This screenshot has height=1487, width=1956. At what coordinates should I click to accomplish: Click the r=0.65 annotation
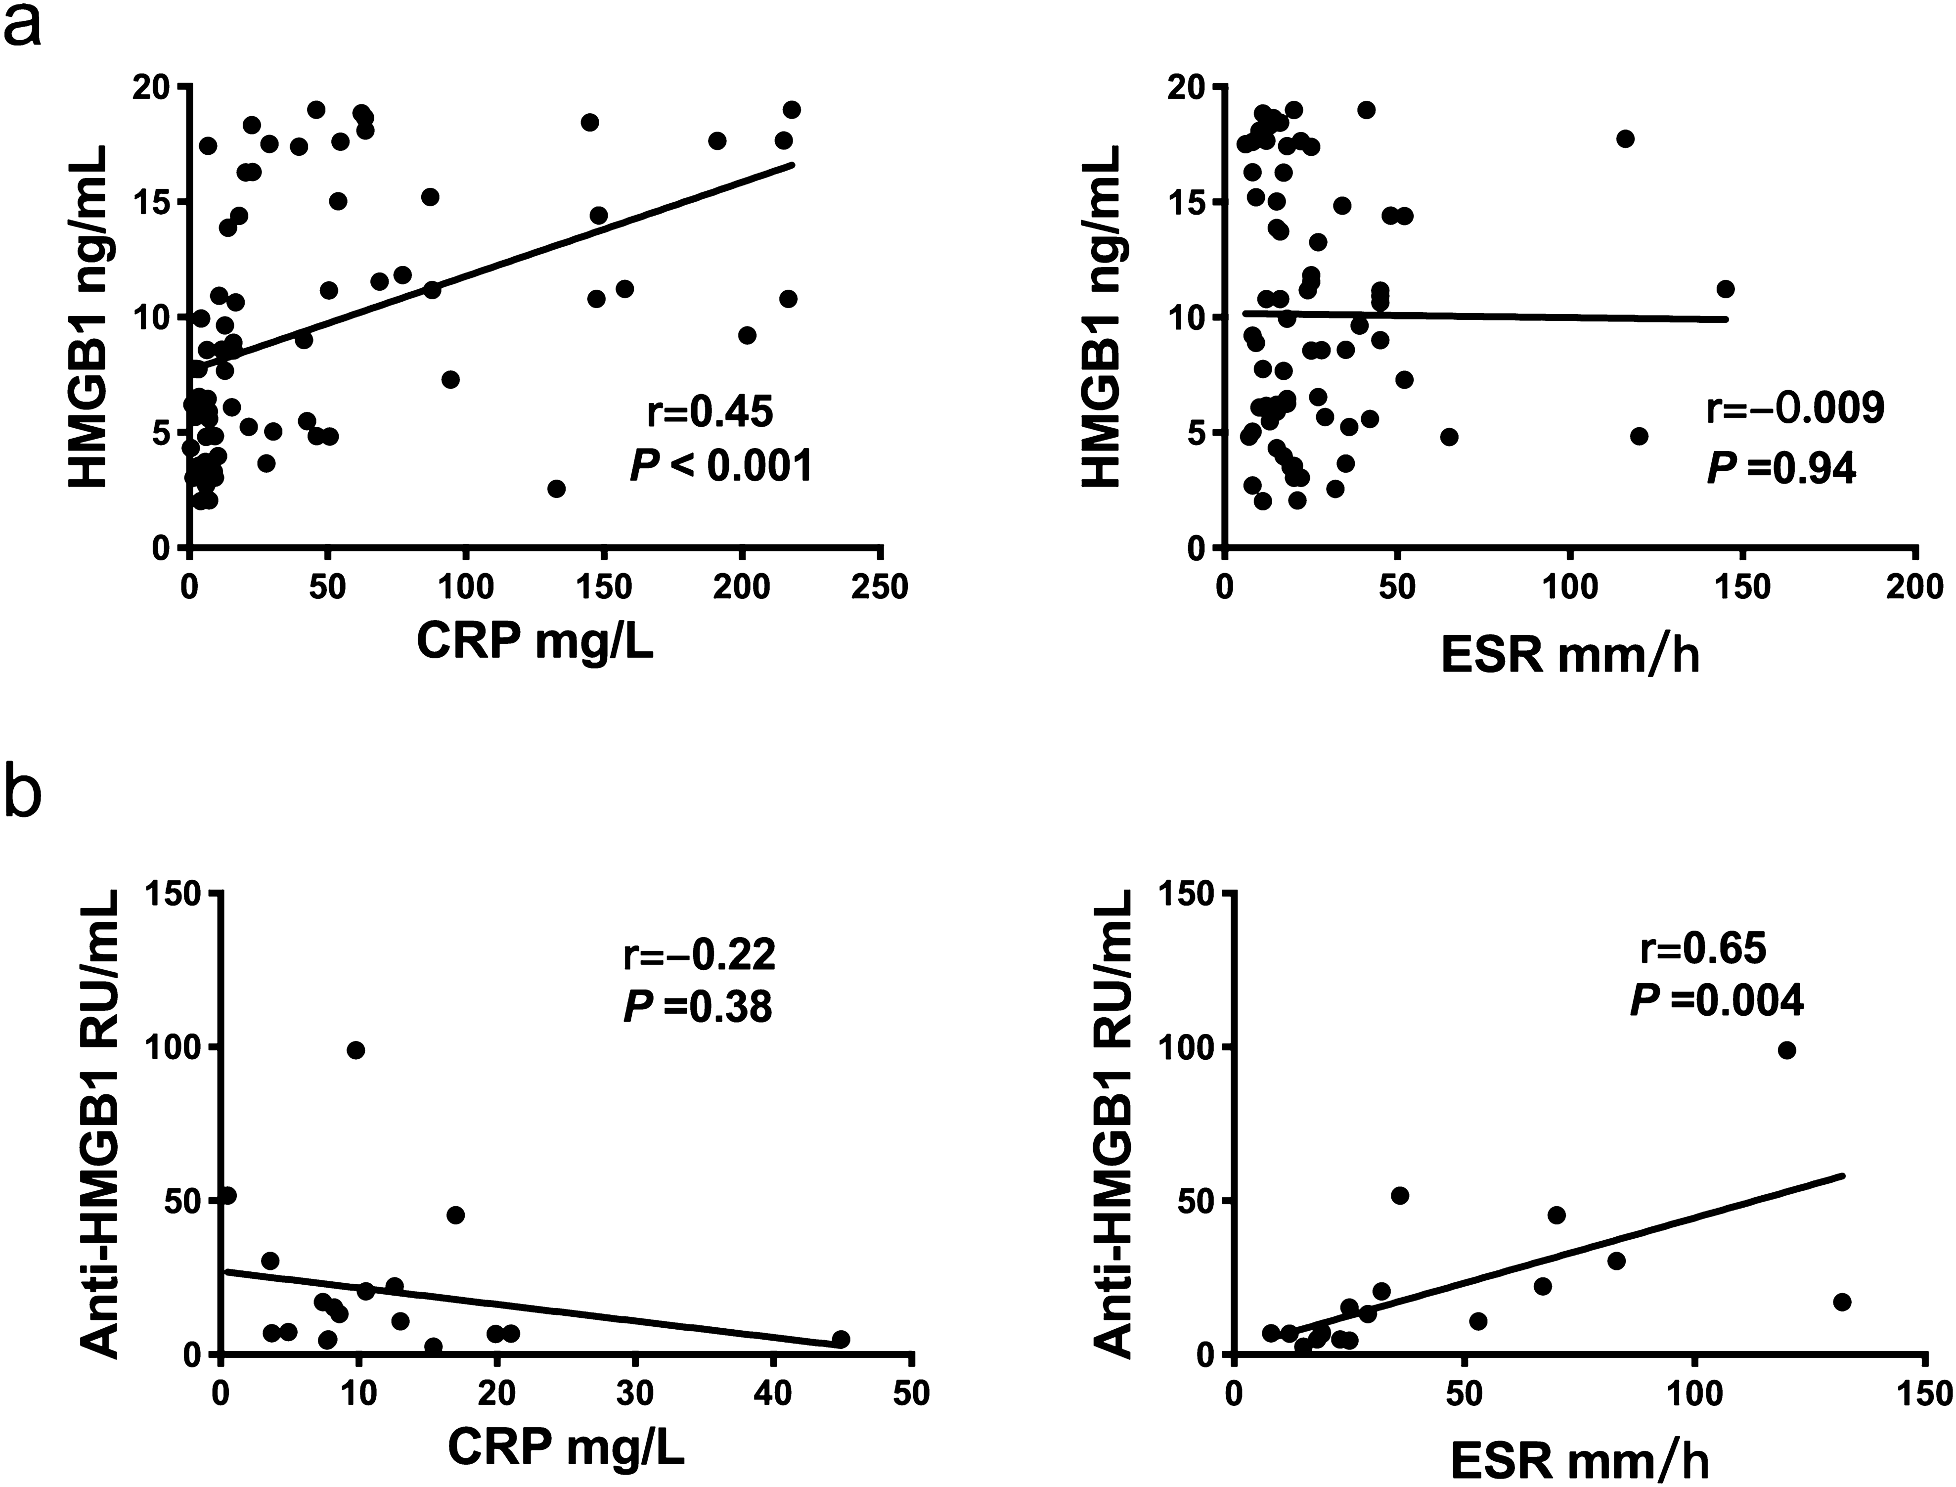(1703, 949)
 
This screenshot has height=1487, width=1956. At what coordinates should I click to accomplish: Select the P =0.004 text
(1716, 1001)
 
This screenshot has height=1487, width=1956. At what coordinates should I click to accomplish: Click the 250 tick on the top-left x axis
(880, 587)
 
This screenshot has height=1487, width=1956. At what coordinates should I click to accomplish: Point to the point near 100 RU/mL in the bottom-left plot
(356, 1050)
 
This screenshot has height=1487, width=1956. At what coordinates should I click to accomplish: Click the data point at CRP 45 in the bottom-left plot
(841, 1339)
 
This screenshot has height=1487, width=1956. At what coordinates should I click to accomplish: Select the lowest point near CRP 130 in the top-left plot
(556, 489)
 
